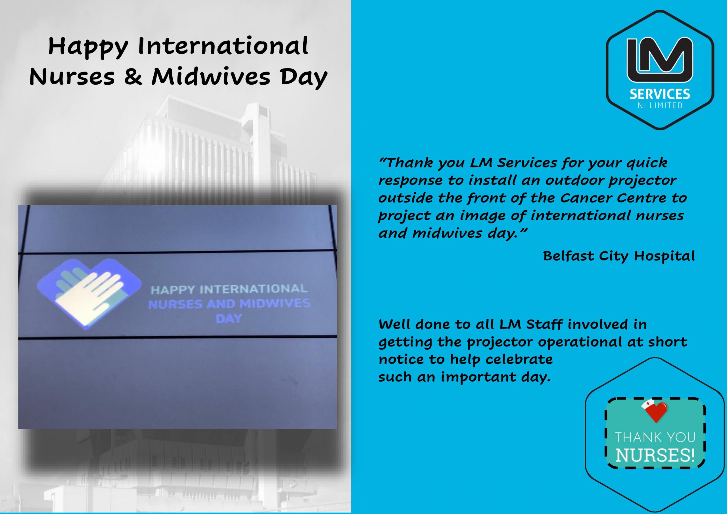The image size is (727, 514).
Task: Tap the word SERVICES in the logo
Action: pos(660,94)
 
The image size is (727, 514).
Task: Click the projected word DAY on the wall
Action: pos(229,319)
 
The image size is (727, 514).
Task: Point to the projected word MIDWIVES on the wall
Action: pos(275,304)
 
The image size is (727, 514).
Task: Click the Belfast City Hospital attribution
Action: pos(619,256)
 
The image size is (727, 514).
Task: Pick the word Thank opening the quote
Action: pos(405,163)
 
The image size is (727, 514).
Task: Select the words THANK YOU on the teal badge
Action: pos(655,438)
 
